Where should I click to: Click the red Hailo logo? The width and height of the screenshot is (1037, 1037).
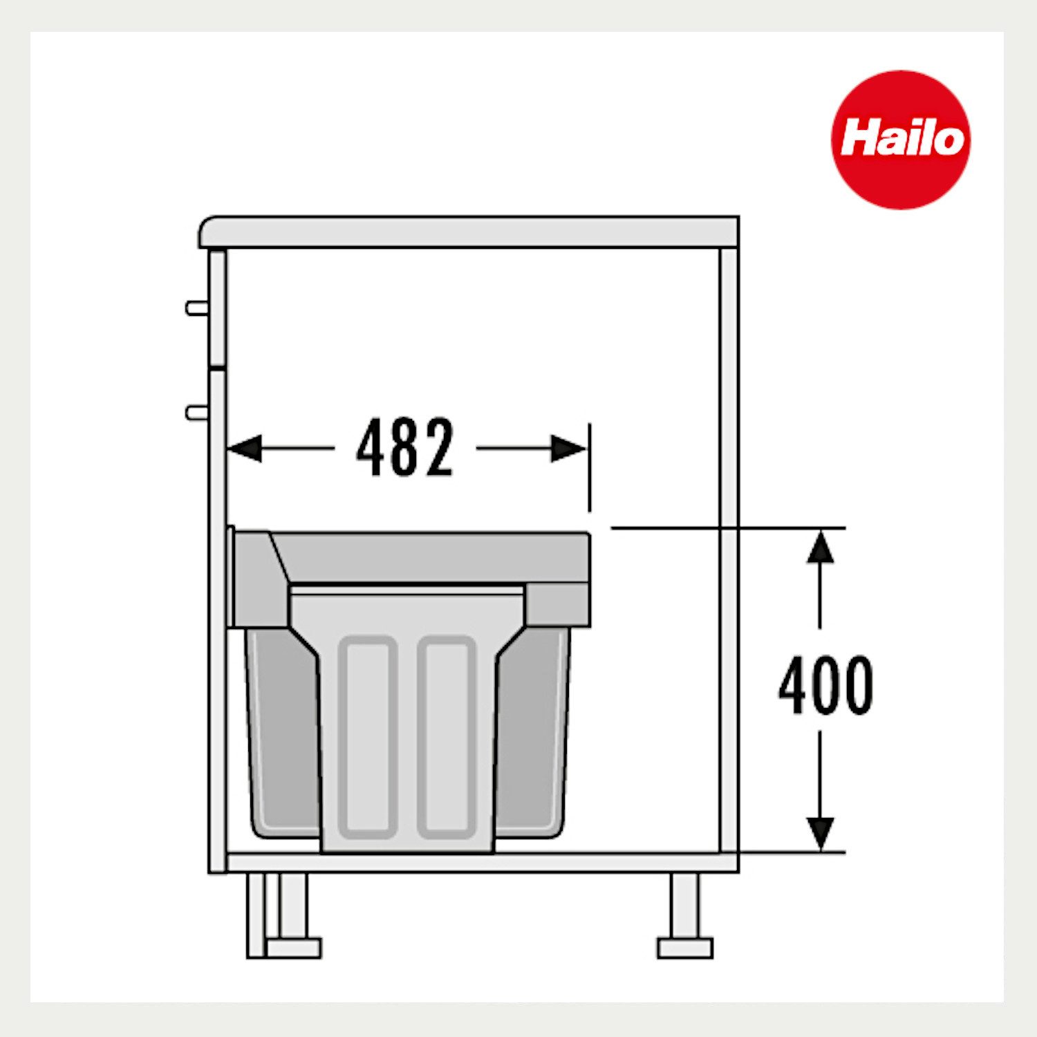(900, 139)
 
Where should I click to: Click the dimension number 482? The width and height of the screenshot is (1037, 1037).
(405, 448)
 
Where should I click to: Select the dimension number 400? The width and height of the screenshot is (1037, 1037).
(825, 685)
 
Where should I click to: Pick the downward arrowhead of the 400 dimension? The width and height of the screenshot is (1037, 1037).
(820, 833)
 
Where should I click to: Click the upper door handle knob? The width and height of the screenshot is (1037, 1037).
(195, 308)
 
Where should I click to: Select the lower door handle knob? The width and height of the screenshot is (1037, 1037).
(195, 413)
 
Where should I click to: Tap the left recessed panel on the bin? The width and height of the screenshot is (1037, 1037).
(368, 736)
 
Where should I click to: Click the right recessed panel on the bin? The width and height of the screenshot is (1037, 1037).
(447, 736)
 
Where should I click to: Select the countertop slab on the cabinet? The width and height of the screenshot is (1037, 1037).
(470, 232)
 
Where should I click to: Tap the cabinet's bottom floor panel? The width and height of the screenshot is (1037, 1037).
(477, 862)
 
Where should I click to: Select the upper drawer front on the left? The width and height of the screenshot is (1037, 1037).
(217, 308)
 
